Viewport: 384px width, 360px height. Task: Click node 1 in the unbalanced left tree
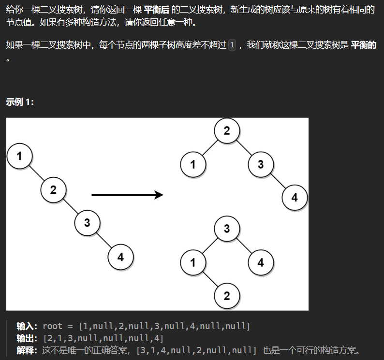[20, 156]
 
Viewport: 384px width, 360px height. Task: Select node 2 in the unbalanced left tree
[53, 190]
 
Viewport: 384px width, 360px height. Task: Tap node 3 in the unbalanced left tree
[87, 223]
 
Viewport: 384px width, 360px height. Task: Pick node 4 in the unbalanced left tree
[121, 257]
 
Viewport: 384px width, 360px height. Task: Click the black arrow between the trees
[127, 195]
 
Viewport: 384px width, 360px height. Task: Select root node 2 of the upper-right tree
[227, 130]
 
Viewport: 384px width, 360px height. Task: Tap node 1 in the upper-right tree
[193, 164]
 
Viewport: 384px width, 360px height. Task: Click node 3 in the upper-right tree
[261, 164]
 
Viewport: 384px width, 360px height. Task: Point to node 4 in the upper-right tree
[295, 198]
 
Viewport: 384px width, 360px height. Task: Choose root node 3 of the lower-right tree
[227, 229]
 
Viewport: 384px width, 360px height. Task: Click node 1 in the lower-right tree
[193, 262]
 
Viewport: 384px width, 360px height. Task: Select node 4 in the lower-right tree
[261, 262]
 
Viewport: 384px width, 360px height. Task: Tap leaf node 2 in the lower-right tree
[227, 296]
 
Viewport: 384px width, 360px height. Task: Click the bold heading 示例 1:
[20, 102]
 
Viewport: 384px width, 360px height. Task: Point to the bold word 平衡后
[157, 10]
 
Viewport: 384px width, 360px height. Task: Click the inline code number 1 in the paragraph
[232, 45]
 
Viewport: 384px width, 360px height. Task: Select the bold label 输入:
[27, 326]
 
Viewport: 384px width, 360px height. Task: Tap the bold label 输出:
[27, 338]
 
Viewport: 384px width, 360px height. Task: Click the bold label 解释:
[27, 350]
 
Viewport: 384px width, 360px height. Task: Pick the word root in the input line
[52, 326]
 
